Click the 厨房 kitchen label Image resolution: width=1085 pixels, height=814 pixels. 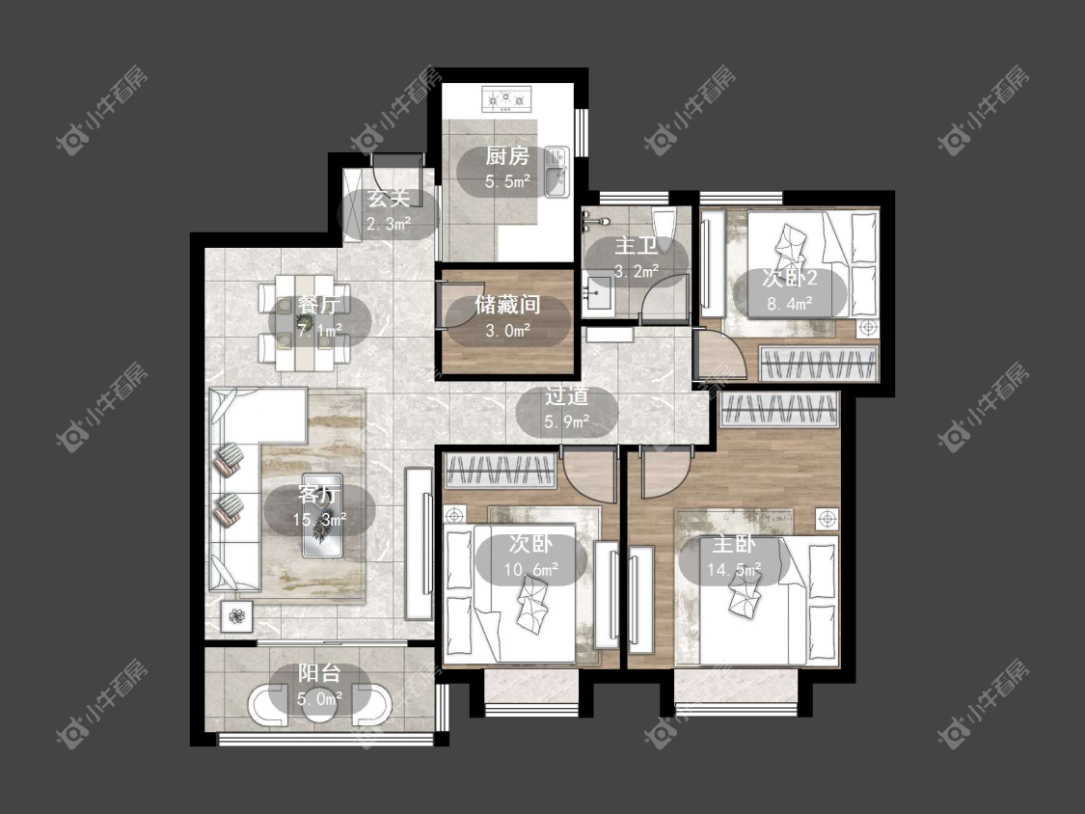pos(506,155)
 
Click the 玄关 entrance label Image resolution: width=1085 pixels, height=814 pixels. pos(389,199)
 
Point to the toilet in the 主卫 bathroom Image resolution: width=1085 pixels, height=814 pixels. pos(663,225)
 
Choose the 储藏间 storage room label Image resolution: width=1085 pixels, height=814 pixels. pos(507,305)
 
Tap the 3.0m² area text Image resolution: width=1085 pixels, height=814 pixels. pos(508,330)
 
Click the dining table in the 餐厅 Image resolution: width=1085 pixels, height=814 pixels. pos(305,322)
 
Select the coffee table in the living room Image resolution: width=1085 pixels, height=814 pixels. pos(322,515)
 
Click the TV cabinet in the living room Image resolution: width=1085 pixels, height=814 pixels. pos(418,543)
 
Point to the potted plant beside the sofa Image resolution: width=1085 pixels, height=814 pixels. pos(236,614)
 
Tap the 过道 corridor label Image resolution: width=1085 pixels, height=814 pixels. pos(567,396)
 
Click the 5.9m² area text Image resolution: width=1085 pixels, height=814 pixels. pos(567,421)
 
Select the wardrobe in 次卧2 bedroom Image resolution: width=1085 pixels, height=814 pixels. pos(819,364)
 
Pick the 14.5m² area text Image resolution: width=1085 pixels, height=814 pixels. pos(734,569)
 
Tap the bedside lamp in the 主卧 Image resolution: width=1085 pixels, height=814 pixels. pos(827,518)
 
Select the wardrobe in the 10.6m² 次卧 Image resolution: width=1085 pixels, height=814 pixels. pos(500,470)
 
